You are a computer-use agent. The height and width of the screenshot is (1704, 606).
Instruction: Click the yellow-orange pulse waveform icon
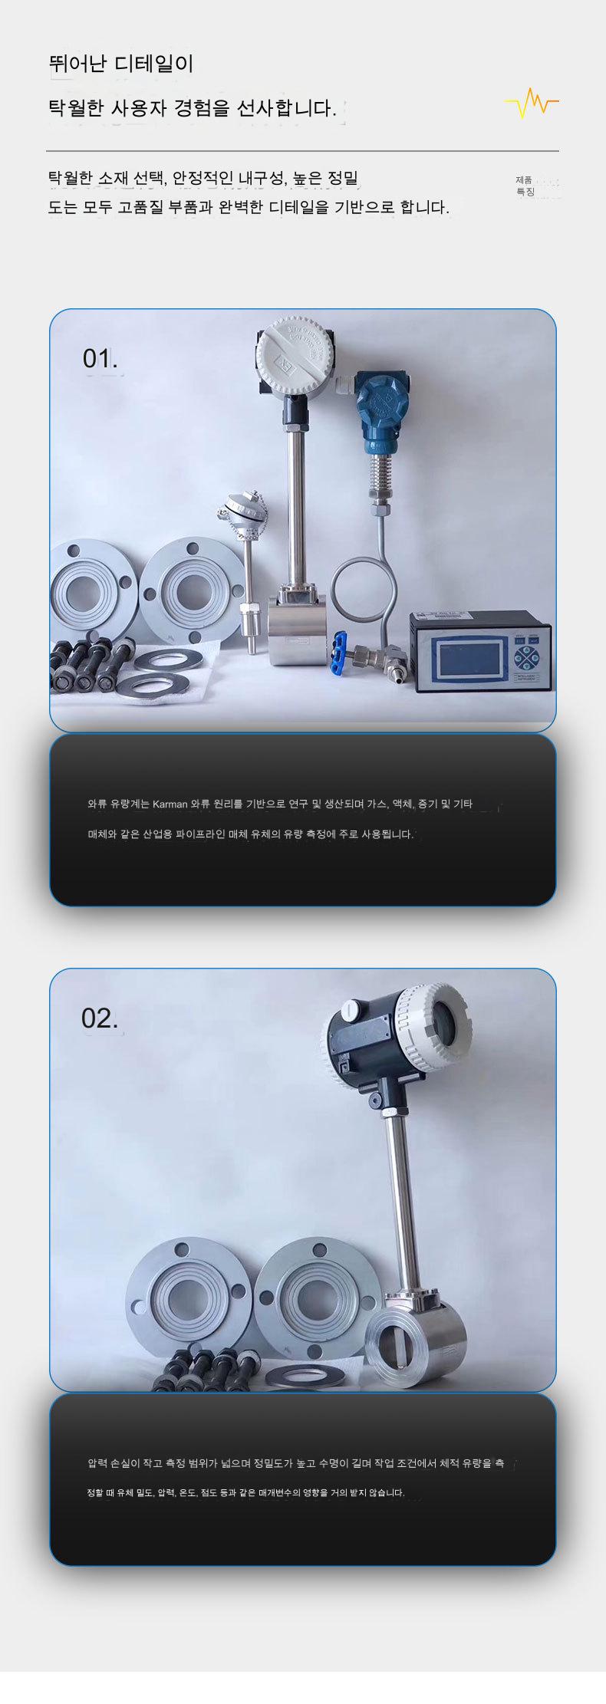[x=532, y=103]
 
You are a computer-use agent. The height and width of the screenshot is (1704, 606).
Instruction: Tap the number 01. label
[x=100, y=358]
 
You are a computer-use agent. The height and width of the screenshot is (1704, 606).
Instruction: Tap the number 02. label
[x=100, y=1018]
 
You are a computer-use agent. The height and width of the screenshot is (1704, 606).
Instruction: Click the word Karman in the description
[x=170, y=804]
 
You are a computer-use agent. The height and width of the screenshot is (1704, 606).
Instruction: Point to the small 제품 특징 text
[x=525, y=186]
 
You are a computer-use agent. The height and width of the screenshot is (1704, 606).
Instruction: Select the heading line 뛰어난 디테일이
[x=121, y=64]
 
